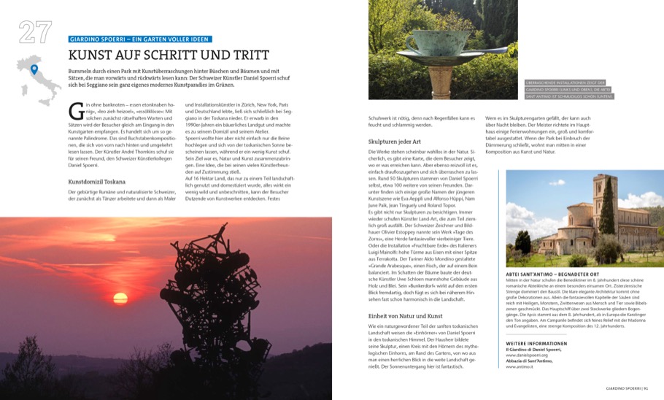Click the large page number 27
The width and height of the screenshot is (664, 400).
coord(35,33)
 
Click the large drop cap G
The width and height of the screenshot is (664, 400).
coord(74,112)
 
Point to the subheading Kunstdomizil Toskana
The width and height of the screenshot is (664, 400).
coord(96,181)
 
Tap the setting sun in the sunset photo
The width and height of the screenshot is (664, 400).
coord(121,298)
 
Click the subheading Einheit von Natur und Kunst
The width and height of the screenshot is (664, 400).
coord(406,315)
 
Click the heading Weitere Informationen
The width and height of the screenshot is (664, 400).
coord(536,342)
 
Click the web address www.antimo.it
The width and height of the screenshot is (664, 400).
coord(520,366)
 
